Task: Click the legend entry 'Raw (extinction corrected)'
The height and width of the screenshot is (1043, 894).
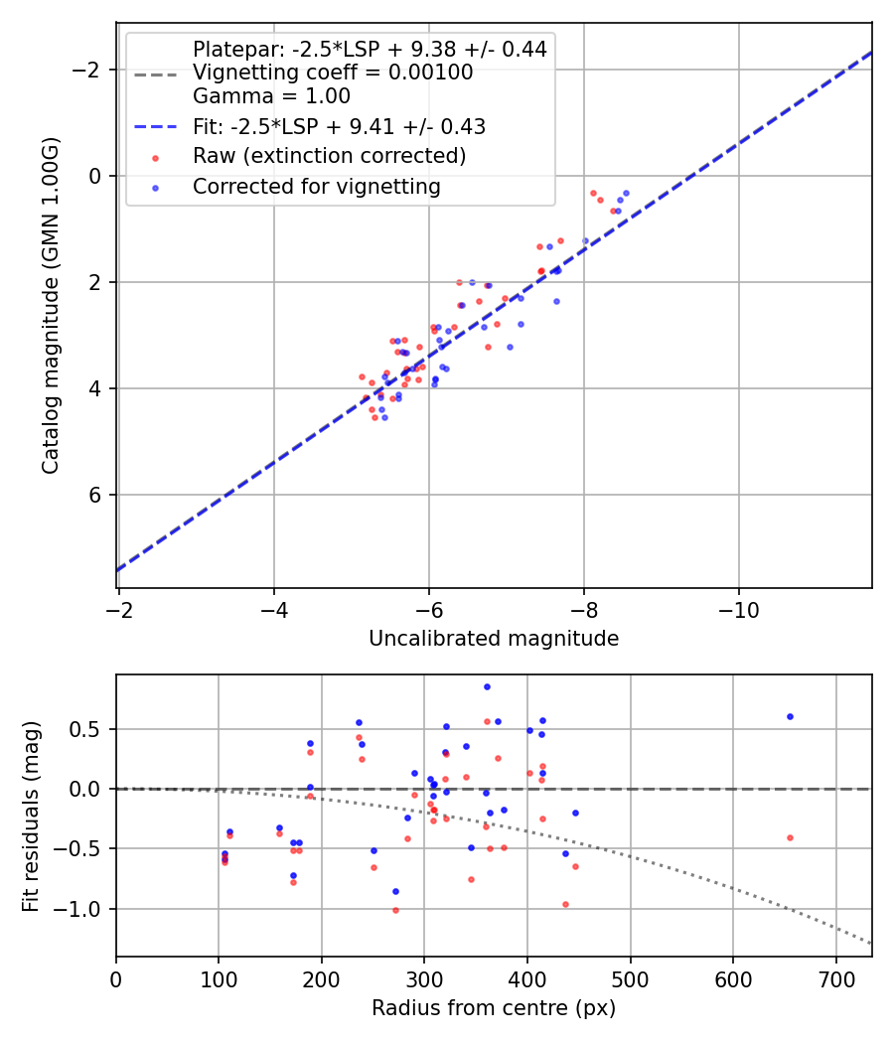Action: pyautogui.click(x=329, y=156)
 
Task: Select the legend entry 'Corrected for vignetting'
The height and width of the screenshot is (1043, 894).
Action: pyautogui.click(x=316, y=186)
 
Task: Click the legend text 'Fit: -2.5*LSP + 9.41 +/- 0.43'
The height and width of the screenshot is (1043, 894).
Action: pyautogui.click(x=339, y=126)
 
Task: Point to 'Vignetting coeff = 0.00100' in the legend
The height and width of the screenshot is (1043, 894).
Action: pyautogui.click(x=333, y=73)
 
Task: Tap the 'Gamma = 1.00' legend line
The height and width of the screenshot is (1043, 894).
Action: pyautogui.click(x=271, y=96)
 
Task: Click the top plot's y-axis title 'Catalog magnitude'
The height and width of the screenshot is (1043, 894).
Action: pyautogui.click(x=51, y=305)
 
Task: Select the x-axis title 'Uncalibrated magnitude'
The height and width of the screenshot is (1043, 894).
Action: pyautogui.click(x=494, y=639)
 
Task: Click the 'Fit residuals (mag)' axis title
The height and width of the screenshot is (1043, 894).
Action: pyautogui.click(x=31, y=816)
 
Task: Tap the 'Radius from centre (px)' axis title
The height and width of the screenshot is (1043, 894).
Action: pyautogui.click(x=494, y=1008)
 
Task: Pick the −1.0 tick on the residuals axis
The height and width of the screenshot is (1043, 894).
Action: pyautogui.click(x=87, y=909)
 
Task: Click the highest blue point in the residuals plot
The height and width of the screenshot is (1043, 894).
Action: pyautogui.click(x=487, y=686)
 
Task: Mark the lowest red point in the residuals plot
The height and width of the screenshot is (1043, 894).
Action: pyautogui.click(x=395, y=910)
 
